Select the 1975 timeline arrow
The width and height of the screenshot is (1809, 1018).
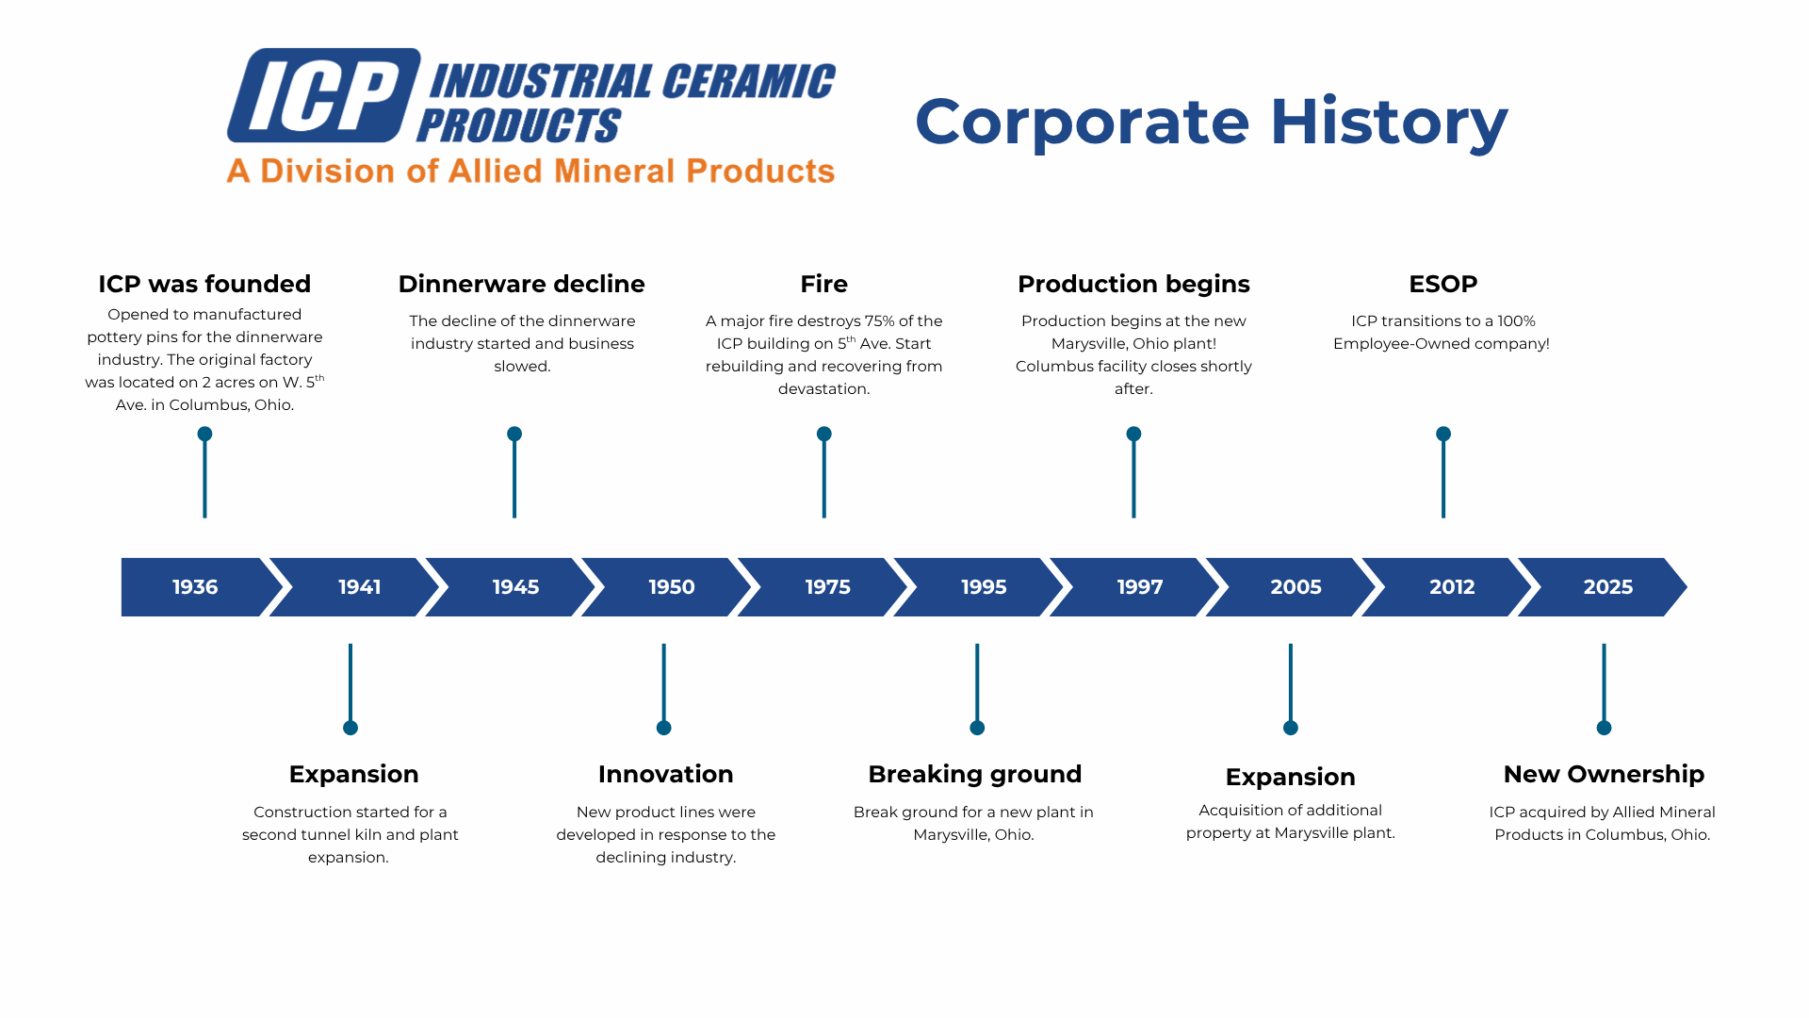click(824, 587)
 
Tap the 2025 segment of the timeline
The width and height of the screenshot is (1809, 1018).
click(1605, 587)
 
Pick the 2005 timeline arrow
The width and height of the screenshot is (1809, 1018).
click(1293, 587)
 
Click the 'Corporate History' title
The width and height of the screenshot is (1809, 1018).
click(1212, 122)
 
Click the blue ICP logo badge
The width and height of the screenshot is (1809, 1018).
click(323, 95)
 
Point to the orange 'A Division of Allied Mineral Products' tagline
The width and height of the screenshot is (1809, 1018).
click(530, 171)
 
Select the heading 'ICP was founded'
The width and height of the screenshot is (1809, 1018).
click(204, 284)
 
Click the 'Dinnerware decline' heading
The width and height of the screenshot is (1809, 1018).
click(521, 284)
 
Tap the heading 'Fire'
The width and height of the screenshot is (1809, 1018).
click(823, 284)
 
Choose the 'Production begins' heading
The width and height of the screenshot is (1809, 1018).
click(1133, 284)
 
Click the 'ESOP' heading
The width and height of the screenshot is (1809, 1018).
click(1442, 284)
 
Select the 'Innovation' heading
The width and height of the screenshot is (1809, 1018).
click(665, 774)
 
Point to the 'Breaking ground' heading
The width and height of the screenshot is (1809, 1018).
click(974, 775)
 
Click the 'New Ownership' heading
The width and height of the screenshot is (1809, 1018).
click(1604, 775)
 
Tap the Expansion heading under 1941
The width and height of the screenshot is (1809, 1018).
click(353, 775)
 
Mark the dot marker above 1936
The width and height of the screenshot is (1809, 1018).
click(204, 434)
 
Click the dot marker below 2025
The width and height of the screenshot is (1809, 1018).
click(1604, 728)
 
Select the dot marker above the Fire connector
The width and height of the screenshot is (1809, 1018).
click(823, 434)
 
